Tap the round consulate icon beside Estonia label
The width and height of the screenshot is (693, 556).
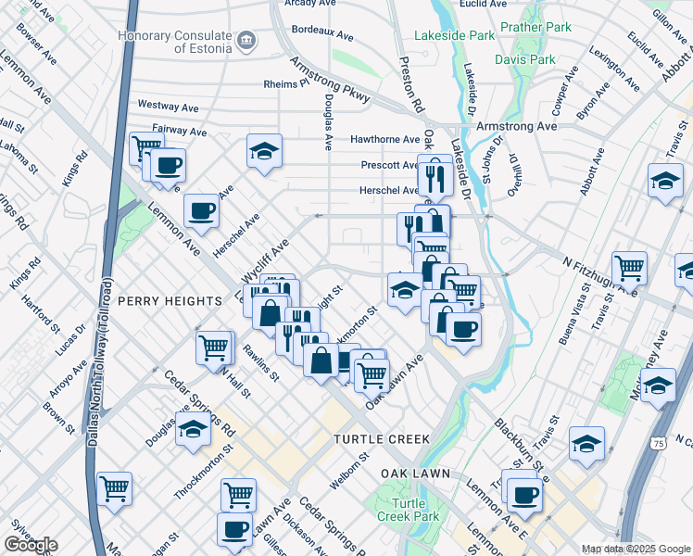point(246,39)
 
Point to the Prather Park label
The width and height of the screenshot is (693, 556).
point(536,28)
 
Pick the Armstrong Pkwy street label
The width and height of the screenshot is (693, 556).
point(330,81)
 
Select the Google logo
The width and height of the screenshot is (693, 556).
point(31,545)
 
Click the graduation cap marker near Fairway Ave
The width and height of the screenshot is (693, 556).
point(264,150)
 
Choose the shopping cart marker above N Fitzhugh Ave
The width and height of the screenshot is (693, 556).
point(629,267)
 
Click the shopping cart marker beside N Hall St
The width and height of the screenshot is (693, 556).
point(213,347)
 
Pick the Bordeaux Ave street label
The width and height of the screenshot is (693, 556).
point(322,30)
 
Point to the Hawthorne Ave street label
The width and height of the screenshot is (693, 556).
point(385,140)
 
